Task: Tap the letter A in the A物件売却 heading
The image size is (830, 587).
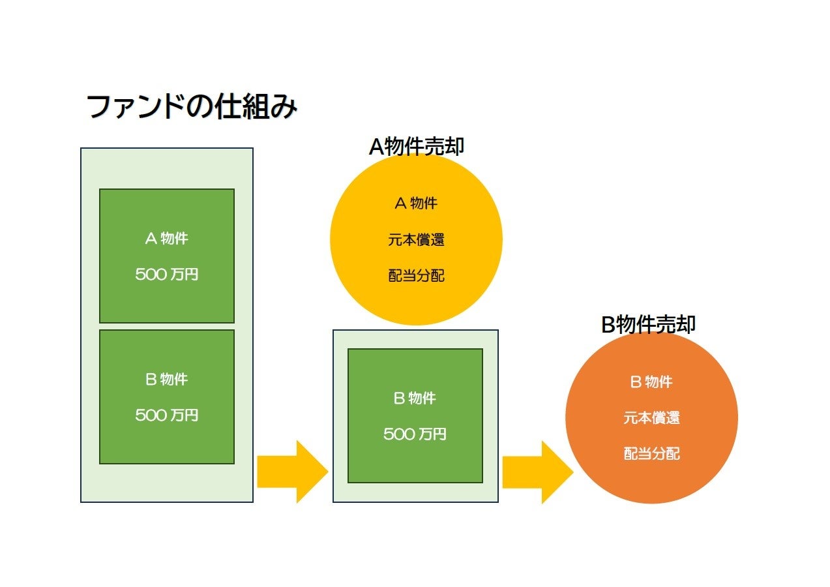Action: pyautogui.click(x=376, y=147)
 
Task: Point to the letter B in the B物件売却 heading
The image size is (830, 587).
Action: pyautogui.click(x=608, y=325)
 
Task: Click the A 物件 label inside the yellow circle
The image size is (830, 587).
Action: pyautogui.click(x=416, y=203)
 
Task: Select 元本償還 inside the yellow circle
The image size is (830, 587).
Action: pyautogui.click(x=416, y=240)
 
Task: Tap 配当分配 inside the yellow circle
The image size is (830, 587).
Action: pyautogui.click(x=416, y=276)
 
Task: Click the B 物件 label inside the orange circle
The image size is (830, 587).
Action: pyautogui.click(x=651, y=382)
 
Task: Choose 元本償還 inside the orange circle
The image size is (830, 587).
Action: pyautogui.click(x=651, y=418)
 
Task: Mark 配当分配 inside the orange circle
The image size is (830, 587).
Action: pyautogui.click(x=651, y=454)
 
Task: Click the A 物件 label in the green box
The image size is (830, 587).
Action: pyautogui.click(x=166, y=239)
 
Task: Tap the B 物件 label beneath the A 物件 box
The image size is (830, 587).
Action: pyautogui.click(x=166, y=379)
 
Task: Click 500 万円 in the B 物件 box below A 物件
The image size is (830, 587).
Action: pyautogui.click(x=166, y=415)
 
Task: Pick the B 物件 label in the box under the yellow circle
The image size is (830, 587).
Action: pyautogui.click(x=415, y=398)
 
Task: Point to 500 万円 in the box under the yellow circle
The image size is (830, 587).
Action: pyautogui.click(x=415, y=434)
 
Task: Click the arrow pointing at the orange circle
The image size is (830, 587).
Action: pyautogui.click(x=536, y=472)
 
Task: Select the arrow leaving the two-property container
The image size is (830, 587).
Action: pyautogui.click(x=291, y=472)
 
